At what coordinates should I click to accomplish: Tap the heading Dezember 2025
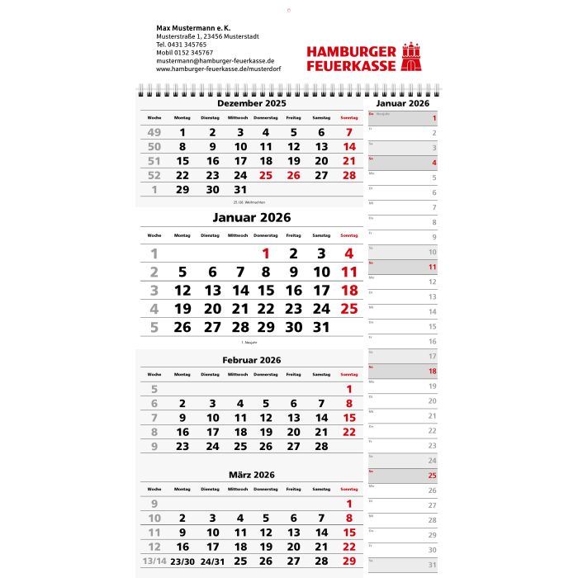[252, 104]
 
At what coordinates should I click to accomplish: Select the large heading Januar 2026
[252, 218]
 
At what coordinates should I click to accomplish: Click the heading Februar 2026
[252, 360]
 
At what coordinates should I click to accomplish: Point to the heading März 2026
[252, 475]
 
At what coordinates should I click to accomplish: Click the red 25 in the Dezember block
[266, 175]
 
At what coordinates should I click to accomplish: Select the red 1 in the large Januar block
[266, 254]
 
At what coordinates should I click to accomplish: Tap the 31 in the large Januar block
[322, 326]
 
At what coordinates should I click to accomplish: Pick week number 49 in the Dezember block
[154, 132]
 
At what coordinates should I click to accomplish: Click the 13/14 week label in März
[154, 561]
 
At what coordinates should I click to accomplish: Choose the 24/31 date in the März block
[212, 561]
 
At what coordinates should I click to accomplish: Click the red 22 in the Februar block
[349, 432]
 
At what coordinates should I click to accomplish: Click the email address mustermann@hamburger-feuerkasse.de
[216, 60]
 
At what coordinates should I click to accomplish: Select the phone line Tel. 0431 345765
[182, 45]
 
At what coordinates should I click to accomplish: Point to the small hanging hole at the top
[288, 11]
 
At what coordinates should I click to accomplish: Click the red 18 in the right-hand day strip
[432, 372]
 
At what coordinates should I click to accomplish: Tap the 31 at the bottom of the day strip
[432, 565]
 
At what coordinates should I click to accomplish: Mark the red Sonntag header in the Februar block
[349, 375]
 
